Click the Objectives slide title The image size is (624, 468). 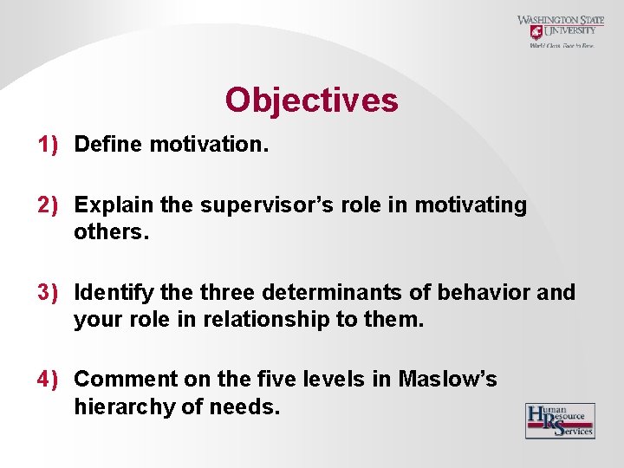(311, 101)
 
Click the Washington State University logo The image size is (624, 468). (561, 31)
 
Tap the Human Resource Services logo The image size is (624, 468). (560, 420)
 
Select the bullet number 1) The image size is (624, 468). (47, 144)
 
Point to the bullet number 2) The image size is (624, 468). (47, 205)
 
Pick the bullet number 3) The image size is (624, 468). (47, 292)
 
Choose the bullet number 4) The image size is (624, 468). (47, 379)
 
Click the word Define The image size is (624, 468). (108, 144)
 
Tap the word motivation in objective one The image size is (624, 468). (207, 144)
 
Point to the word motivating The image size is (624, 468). (471, 205)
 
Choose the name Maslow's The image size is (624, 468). (447, 379)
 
